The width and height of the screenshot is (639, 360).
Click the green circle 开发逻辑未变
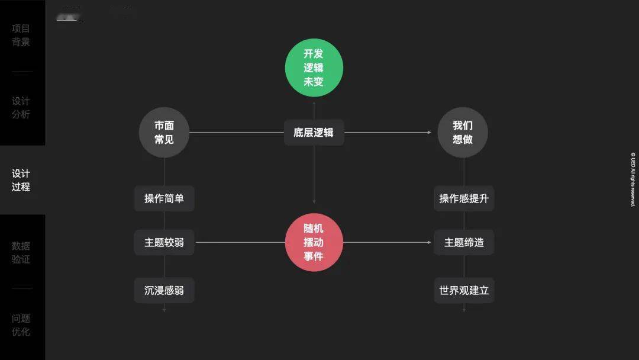coord(314,67)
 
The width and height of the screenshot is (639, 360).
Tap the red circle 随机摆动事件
coord(314,242)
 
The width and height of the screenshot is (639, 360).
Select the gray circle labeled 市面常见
coord(164,133)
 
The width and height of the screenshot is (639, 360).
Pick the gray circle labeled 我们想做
coord(463,133)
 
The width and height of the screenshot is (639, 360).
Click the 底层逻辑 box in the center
coord(314,133)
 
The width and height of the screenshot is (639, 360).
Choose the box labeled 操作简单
coord(164,198)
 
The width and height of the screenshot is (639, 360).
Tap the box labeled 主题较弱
coord(164,242)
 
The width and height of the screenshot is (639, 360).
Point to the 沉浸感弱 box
coord(164,291)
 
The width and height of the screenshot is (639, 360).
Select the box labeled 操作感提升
coord(464,198)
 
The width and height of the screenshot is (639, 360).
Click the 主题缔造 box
coord(464,242)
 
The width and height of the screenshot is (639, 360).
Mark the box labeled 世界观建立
coord(464,291)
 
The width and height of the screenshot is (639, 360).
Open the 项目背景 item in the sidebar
coord(21,35)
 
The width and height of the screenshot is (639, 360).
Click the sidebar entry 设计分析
coord(21,108)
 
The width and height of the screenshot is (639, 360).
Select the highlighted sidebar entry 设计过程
coord(21,180)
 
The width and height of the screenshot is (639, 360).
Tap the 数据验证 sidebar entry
coord(21,252)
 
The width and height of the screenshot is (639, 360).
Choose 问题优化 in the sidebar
coord(21,324)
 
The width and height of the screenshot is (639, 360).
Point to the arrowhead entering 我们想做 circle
coord(430,133)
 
